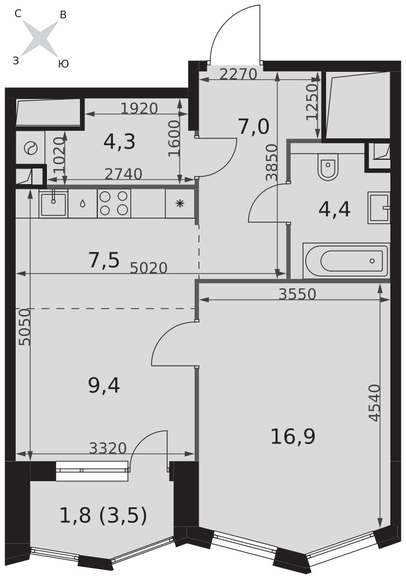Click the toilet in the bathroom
[328, 168]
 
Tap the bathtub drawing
[346, 261]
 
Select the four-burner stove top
[114, 203]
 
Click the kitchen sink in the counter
[53, 203]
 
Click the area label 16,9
[293, 437]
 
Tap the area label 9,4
[104, 386]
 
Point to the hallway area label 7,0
[253, 127]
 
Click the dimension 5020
[149, 267]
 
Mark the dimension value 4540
[375, 402]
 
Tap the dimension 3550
[297, 294]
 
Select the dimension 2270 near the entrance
[238, 75]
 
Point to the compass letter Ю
[64, 64]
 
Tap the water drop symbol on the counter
[82, 203]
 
